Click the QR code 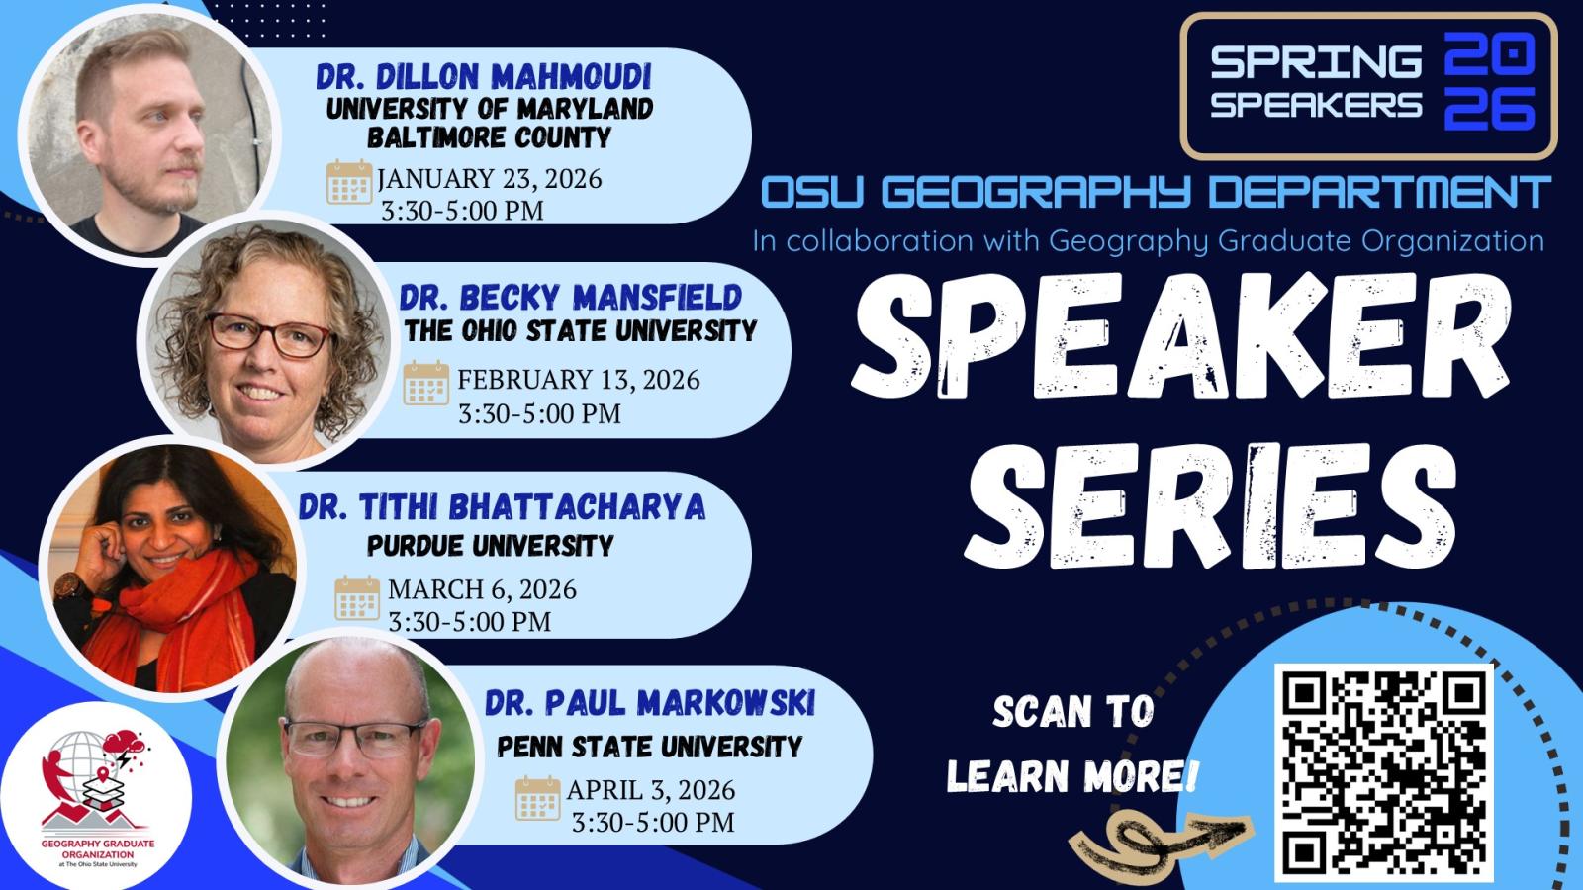click(1383, 771)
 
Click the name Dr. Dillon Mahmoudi click(483, 77)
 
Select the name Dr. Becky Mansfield click(571, 297)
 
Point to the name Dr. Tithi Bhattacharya click(503, 507)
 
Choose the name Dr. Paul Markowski click(650, 703)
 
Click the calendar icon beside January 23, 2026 click(349, 182)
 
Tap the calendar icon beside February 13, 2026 click(426, 383)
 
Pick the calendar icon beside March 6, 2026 click(357, 597)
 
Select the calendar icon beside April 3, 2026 click(537, 798)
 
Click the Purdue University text click(491, 545)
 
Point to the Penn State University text click(650, 746)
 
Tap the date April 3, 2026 click(651, 790)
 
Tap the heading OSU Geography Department click(1156, 193)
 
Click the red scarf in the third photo click(148, 613)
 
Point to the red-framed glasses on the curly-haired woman click(267, 337)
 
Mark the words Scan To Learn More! click(1071, 745)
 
